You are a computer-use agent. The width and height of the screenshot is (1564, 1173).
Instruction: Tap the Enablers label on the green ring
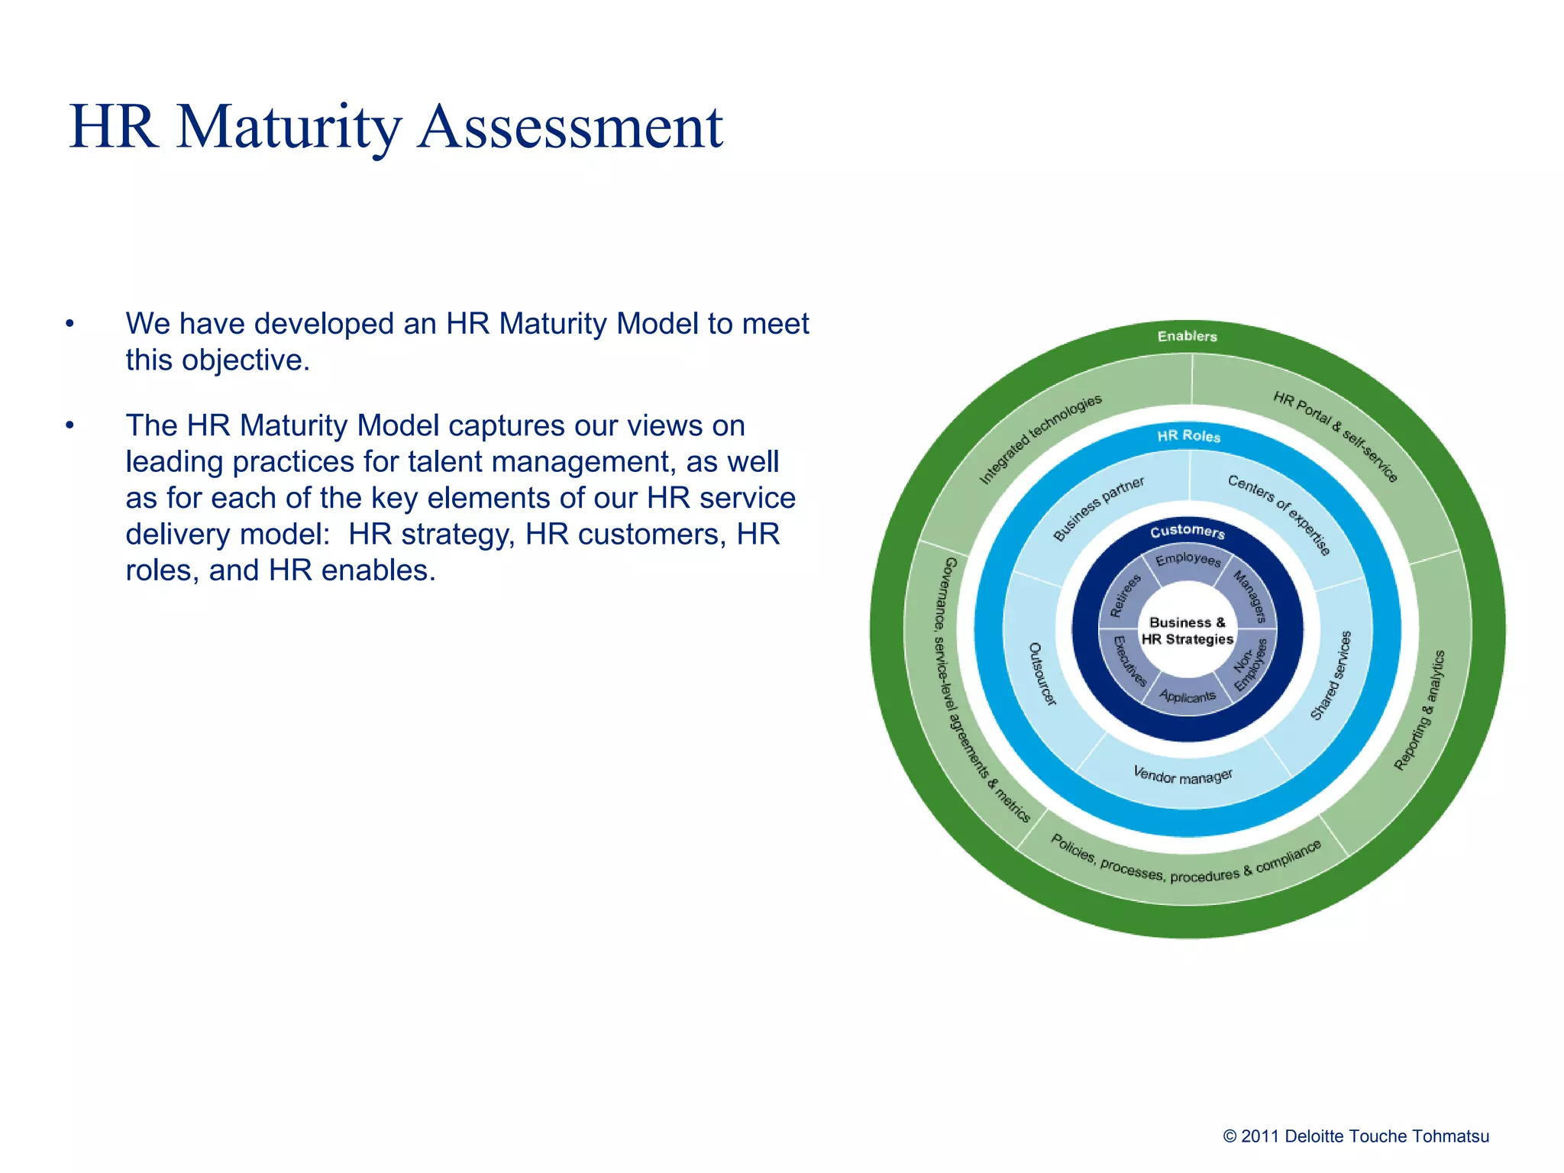(x=1187, y=336)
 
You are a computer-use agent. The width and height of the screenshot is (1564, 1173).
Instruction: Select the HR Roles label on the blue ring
(x=1188, y=436)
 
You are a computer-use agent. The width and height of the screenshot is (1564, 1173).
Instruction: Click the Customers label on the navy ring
(x=1188, y=531)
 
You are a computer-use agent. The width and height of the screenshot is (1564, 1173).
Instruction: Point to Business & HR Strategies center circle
(x=1188, y=631)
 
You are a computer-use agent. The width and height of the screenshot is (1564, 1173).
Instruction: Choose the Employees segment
(x=1188, y=560)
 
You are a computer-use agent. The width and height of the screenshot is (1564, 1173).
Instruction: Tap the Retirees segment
(x=1125, y=595)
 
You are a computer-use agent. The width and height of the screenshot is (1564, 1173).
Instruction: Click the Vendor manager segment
(x=1182, y=776)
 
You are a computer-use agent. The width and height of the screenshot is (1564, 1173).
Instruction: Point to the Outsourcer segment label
(x=1041, y=674)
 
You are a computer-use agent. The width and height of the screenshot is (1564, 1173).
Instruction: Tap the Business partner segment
(x=1098, y=509)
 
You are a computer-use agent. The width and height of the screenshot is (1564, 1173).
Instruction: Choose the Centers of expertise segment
(x=1279, y=514)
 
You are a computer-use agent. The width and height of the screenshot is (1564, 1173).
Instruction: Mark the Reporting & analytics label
(x=1419, y=710)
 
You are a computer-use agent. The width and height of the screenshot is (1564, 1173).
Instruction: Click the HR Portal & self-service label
(x=1335, y=436)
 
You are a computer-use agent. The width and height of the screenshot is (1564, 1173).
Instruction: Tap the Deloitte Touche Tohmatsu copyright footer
(x=1356, y=1136)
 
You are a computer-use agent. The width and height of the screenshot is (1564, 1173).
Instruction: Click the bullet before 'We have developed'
(x=69, y=324)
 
